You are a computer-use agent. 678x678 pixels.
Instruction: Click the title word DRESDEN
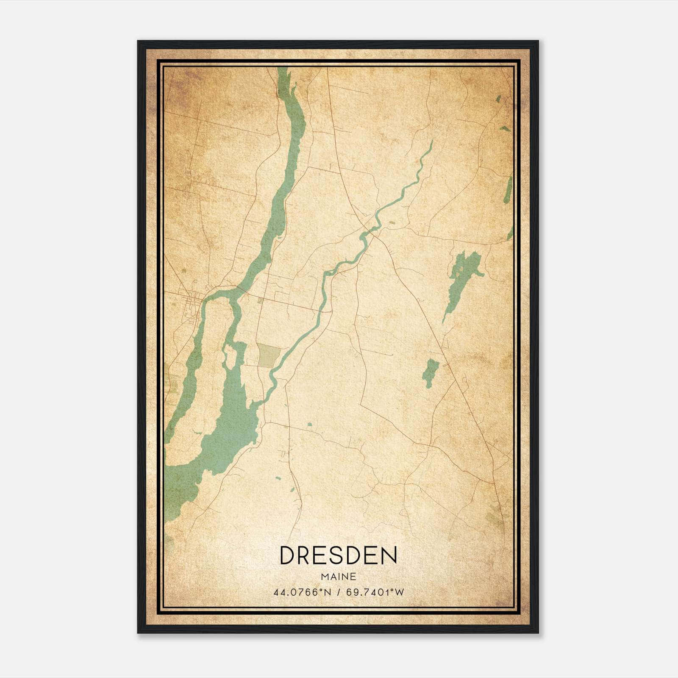[338, 555]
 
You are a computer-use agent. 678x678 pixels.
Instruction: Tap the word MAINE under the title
[338, 577]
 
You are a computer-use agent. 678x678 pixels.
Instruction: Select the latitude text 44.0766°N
[302, 592]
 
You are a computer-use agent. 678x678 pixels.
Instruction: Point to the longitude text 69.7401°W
[375, 592]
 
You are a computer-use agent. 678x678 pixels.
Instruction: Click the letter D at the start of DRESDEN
[287, 555]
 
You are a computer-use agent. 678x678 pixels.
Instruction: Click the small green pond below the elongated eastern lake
[431, 372]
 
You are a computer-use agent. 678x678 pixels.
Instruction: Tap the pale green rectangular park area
[269, 355]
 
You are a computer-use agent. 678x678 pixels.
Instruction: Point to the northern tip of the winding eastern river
[431, 142]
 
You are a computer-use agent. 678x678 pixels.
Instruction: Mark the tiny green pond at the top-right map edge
[498, 99]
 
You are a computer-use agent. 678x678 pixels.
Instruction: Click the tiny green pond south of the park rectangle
[310, 424]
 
